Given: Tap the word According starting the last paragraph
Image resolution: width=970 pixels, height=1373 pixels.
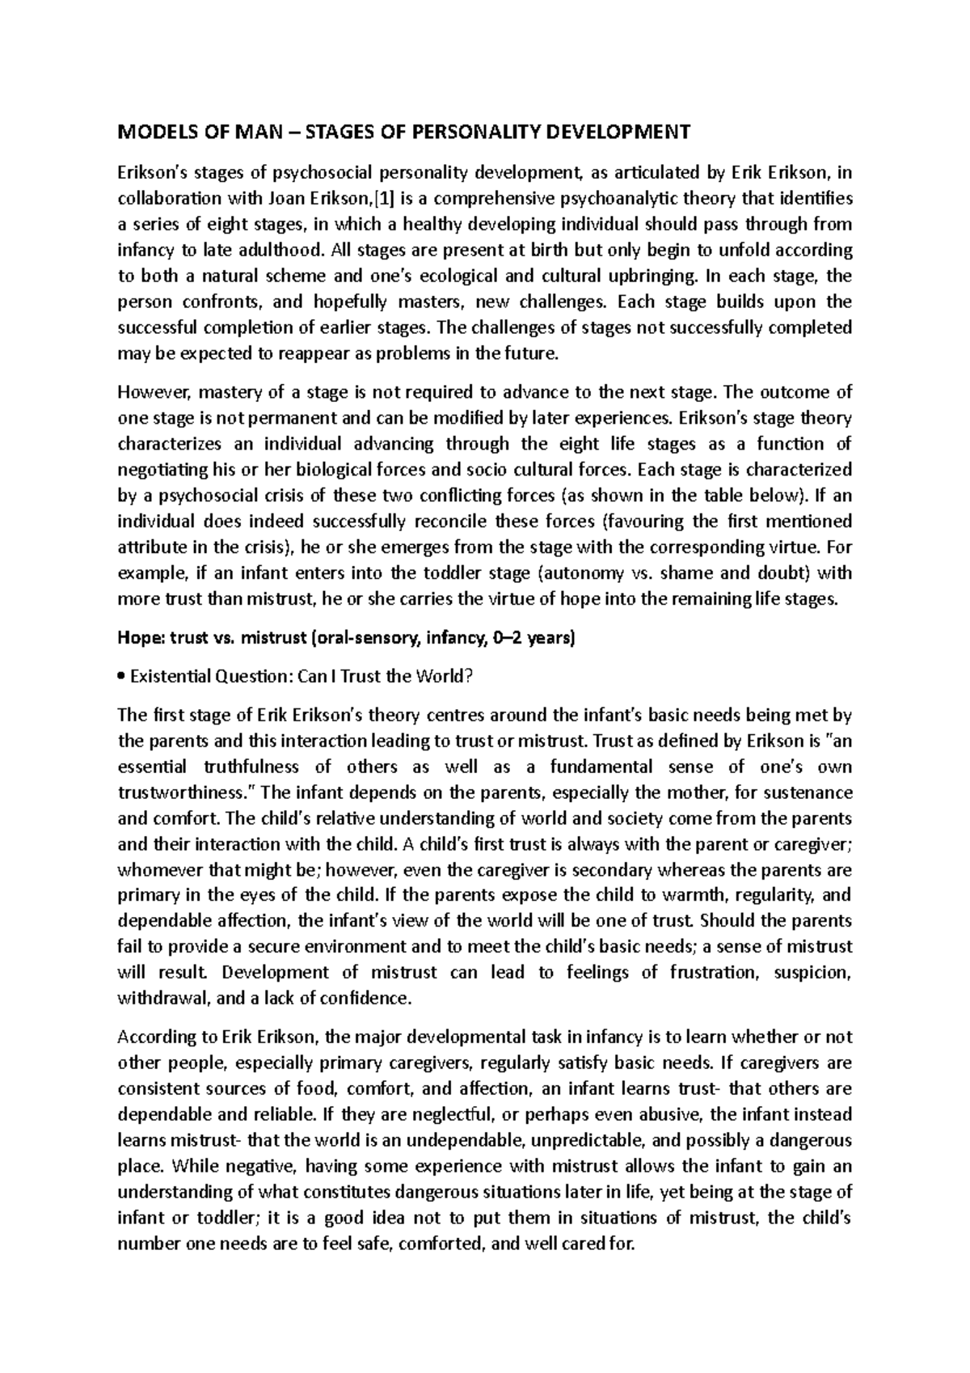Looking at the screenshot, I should tap(154, 1037).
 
